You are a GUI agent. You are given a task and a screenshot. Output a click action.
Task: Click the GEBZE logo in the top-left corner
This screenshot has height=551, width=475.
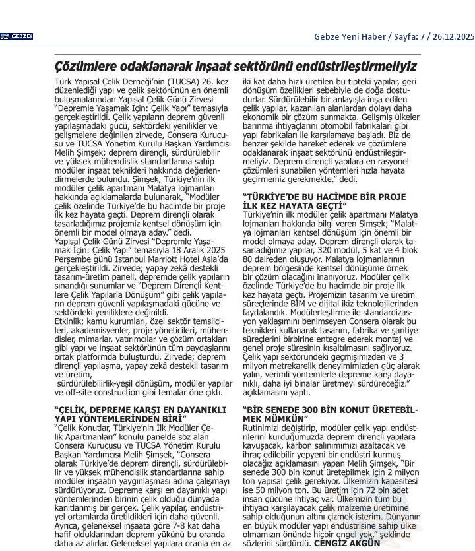click(16, 36)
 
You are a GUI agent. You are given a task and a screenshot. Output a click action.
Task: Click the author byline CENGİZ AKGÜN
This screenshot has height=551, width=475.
click(348, 543)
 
